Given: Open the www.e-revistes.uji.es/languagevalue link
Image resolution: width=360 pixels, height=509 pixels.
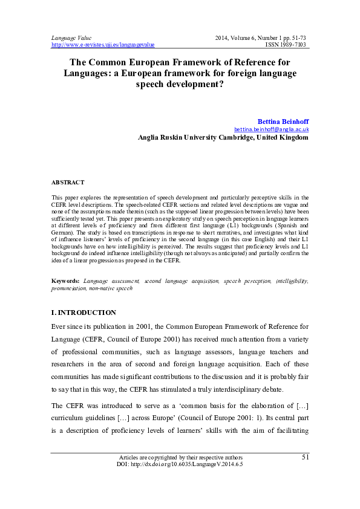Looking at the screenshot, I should (103, 45).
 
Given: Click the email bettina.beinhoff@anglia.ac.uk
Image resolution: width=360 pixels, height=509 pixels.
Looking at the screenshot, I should (272, 129).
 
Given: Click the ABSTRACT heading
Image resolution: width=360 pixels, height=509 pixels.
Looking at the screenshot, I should (68, 182).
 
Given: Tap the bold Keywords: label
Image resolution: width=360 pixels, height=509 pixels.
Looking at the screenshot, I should (65, 282).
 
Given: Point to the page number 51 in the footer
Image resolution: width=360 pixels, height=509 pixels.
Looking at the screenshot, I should (306, 457).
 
